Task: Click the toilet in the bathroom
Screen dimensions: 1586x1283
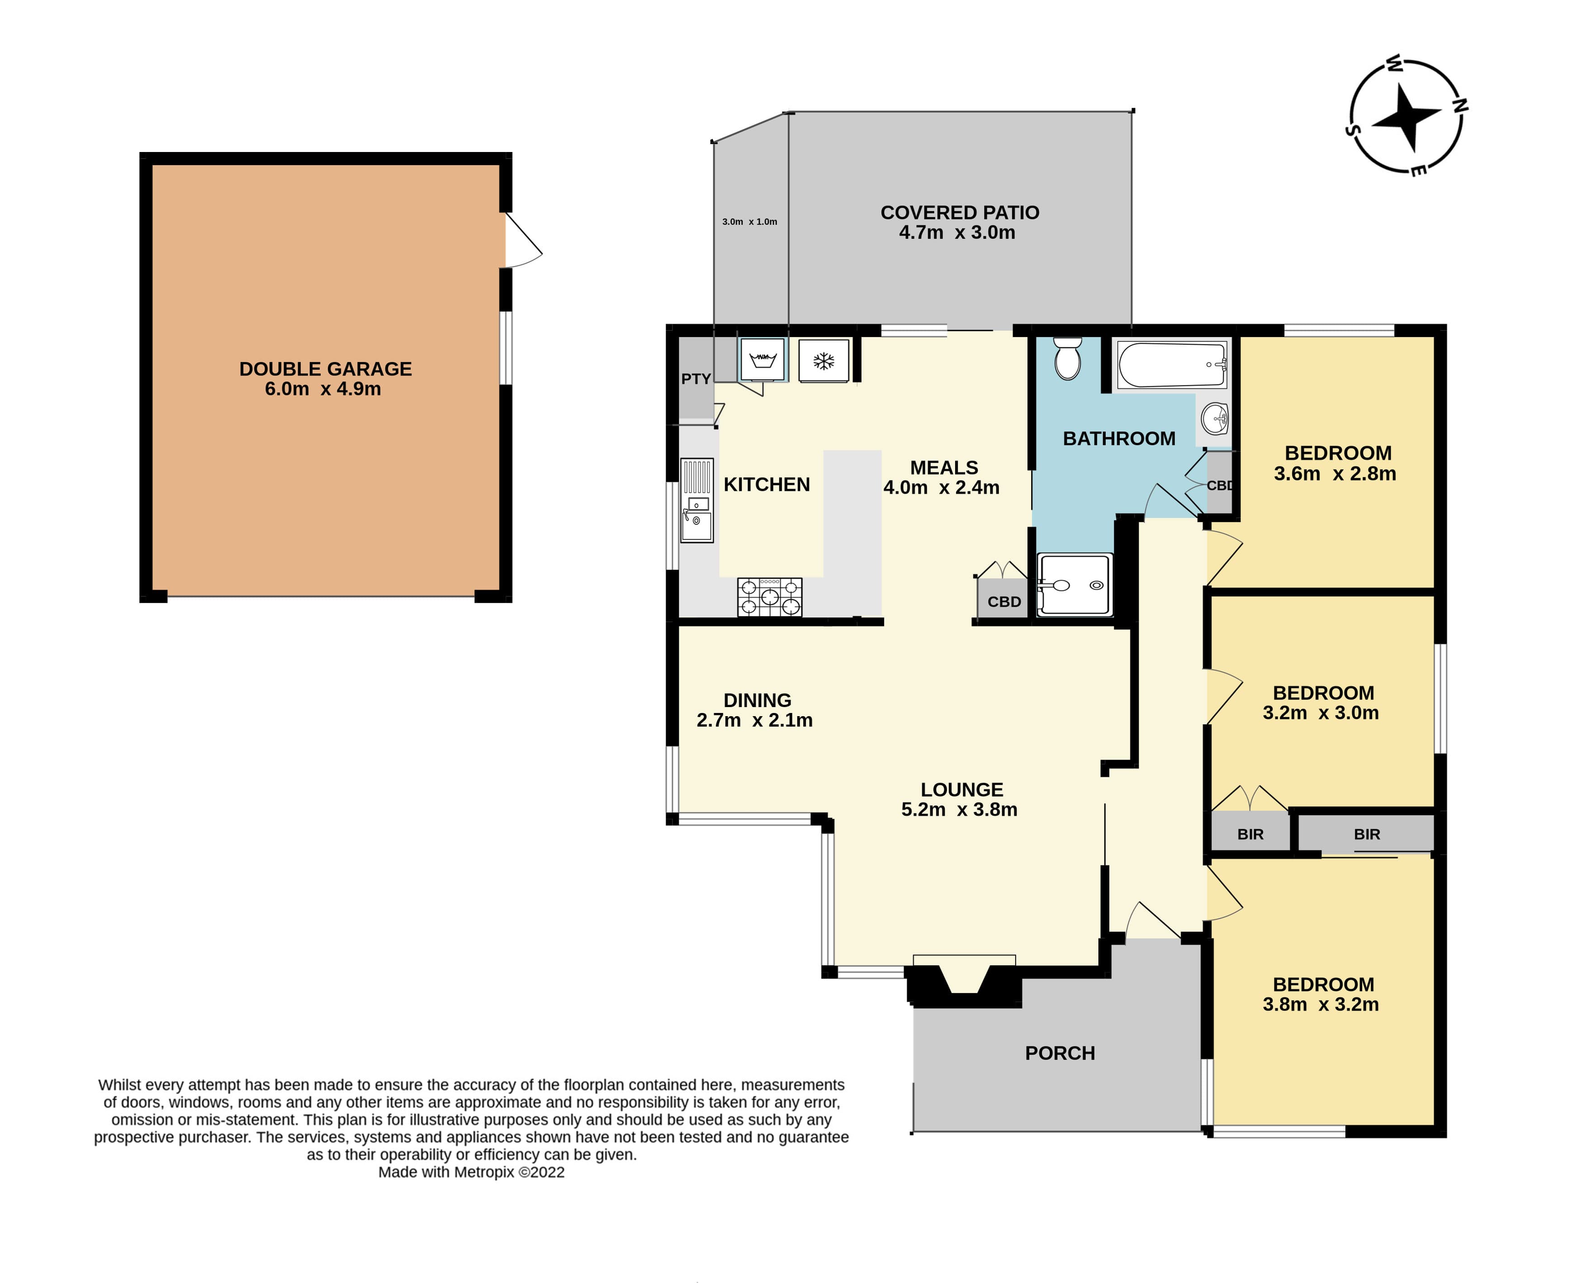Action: pos(1067,358)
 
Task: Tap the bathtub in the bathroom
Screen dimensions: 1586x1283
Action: pos(1172,364)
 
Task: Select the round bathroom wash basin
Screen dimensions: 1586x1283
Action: pos(1214,419)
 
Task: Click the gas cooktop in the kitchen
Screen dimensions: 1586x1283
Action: pos(770,596)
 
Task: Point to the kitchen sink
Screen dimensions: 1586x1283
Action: pos(696,500)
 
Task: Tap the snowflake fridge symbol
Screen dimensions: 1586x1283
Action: pos(824,361)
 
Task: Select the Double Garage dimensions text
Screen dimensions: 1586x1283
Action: pos(323,389)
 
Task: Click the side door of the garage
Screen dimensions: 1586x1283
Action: pos(523,240)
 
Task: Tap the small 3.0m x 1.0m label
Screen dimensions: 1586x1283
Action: pos(750,222)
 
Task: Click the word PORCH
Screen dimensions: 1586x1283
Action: pos(1060,1053)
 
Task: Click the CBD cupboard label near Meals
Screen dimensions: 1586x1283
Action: pos(1004,602)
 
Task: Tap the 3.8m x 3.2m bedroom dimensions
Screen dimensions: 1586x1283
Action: pos(1321,1004)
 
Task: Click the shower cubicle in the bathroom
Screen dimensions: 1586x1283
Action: pos(1075,584)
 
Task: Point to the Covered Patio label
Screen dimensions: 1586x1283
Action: pos(960,213)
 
